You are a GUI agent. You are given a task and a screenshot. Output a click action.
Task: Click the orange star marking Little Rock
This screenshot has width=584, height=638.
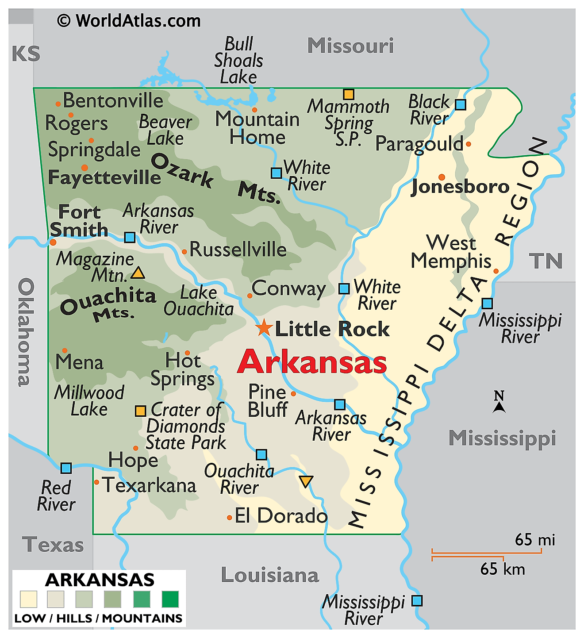click(x=264, y=327)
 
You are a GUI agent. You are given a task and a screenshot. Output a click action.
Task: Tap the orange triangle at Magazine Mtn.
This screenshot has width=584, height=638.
click(x=138, y=273)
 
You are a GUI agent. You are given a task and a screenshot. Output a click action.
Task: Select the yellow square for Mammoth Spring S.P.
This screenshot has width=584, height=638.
click(x=349, y=94)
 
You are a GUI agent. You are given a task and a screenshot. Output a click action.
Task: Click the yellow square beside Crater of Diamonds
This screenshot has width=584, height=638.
click(x=140, y=411)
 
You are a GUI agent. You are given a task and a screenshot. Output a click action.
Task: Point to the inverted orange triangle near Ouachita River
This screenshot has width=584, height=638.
click(x=306, y=481)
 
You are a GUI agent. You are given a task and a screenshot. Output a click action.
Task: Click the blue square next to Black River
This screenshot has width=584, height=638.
click(x=461, y=104)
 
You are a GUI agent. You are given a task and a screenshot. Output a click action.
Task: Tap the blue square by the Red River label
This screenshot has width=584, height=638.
click(x=66, y=468)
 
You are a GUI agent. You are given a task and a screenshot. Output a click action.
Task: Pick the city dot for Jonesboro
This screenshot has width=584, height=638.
click(x=442, y=177)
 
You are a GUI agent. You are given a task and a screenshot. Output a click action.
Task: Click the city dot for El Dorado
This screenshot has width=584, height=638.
click(x=229, y=517)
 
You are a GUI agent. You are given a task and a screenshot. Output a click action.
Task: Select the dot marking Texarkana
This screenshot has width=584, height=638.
click(x=96, y=482)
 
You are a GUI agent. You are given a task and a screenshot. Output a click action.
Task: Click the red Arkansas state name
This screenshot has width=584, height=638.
click(x=312, y=362)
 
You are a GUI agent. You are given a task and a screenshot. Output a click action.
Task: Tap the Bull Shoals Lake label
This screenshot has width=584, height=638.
click(x=238, y=61)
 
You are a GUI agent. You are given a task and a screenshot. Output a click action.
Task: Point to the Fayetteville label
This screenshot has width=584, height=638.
click(x=104, y=177)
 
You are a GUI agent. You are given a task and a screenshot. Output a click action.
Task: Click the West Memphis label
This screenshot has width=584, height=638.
click(x=451, y=252)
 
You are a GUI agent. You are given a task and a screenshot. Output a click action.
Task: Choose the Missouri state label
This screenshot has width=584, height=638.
click(x=350, y=46)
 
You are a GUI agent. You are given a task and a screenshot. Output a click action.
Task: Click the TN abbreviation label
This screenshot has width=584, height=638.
click(x=546, y=261)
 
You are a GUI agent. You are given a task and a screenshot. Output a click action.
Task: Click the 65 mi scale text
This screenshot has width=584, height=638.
click(x=534, y=540)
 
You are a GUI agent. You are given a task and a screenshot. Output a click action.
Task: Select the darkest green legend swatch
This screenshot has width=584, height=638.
click(x=170, y=599)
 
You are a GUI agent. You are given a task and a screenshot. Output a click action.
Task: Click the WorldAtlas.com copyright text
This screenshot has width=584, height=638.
click(x=129, y=21)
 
